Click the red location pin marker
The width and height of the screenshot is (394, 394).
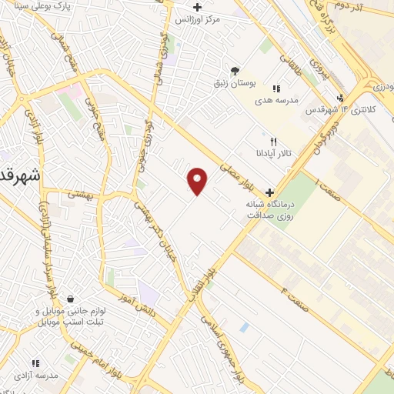(198, 181)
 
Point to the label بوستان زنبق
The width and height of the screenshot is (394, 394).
(235, 81)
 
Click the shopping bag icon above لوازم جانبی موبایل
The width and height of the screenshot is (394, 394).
(70, 299)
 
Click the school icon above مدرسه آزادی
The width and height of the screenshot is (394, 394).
(35, 363)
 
